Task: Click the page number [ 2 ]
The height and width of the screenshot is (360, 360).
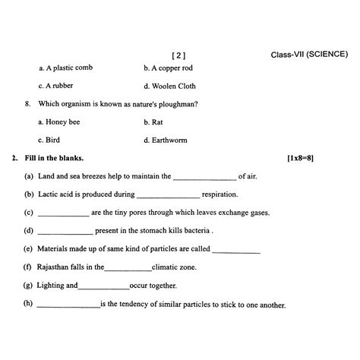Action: pyautogui.click(x=179, y=55)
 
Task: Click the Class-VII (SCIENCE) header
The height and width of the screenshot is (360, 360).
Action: pyautogui.click(x=309, y=55)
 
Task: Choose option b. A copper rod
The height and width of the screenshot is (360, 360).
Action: pyautogui.click(x=170, y=68)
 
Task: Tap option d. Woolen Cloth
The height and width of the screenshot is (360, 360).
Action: pyautogui.click(x=169, y=86)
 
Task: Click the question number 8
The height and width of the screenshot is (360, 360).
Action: pyautogui.click(x=27, y=104)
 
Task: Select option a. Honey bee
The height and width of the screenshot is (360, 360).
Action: pyautogui.click(x=58, y=122)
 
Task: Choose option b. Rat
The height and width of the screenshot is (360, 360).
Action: pyautogui.click(x=153, y=122)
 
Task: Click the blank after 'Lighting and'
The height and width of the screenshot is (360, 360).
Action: pyautogui.click(x=103, y=286)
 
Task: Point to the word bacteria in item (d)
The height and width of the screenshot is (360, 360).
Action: pyautogui.click(x=195, y=231)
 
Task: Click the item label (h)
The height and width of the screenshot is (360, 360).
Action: pyautogui.click(x=28, y=304)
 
